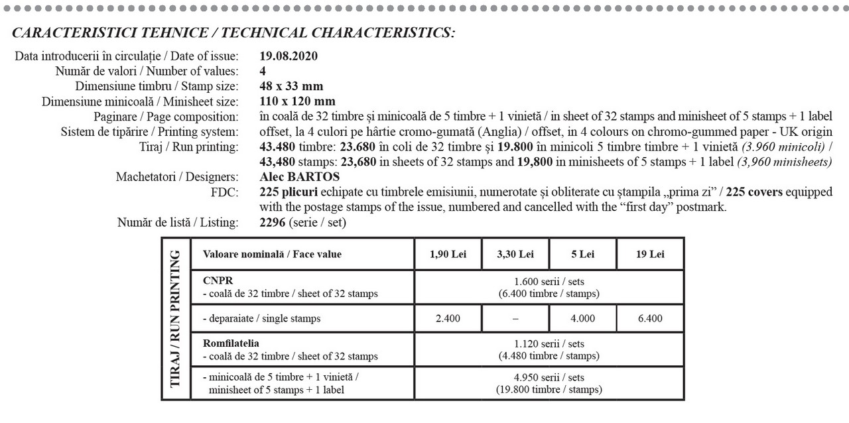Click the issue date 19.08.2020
289,56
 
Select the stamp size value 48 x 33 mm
291,86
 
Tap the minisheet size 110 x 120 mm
298,101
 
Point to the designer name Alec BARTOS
300,177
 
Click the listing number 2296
273,223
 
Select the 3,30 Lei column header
515,254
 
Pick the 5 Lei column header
582,254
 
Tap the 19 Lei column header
650,254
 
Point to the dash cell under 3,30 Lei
515,318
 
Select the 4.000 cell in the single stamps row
582,318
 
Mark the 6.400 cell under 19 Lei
650,318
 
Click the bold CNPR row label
218,280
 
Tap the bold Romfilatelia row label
231,343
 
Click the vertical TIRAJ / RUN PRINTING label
176,318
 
